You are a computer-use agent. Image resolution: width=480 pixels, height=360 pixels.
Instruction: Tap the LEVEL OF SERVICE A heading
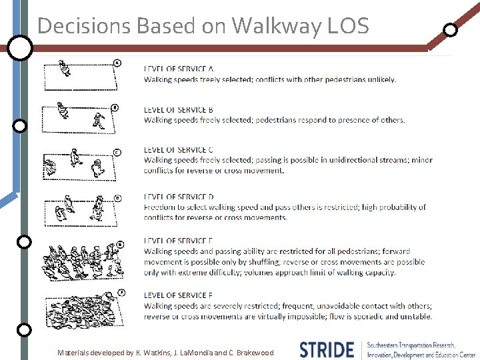tap(178, 69)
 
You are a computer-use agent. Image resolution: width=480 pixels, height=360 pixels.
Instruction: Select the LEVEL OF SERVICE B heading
tap(178, 110)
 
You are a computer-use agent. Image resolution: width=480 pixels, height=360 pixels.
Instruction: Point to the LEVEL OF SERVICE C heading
tap(178, 150)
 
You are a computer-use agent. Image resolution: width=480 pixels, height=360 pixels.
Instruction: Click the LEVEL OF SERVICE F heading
tap(178, 295)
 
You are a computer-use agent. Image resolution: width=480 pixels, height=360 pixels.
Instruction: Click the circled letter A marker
tap(117, 63)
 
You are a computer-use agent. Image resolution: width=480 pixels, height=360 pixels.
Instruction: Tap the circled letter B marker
tap(115, 107)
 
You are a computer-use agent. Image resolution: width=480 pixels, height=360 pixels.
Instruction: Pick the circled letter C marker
tap(117, 153)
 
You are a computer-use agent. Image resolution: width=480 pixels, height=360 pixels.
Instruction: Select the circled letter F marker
tap(121, 292)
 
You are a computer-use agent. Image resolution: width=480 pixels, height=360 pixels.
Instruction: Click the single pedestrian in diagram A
tap(64, 68)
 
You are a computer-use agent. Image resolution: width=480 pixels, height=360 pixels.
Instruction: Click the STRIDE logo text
tap(327, 350)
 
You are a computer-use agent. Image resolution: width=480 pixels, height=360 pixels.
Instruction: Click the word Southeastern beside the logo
tap(389, 345)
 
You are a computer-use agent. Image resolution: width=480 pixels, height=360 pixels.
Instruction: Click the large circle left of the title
tap(20, 48)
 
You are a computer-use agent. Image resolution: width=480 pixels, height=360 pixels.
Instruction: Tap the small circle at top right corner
tap(451, 30)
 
